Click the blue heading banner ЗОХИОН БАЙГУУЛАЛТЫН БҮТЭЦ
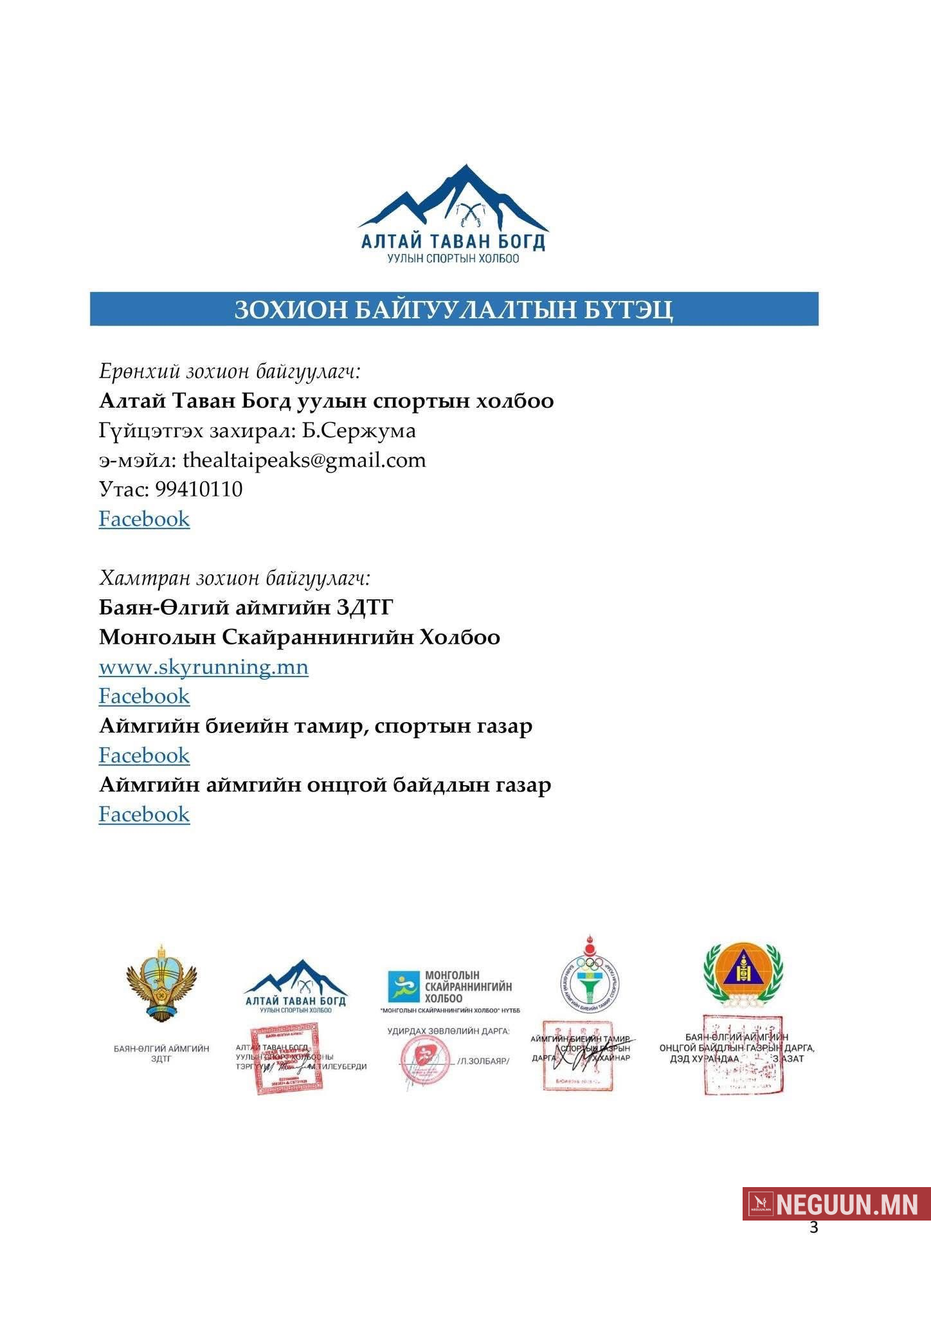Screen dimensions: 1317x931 (454, 309)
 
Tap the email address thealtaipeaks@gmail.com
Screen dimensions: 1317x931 (304, 460)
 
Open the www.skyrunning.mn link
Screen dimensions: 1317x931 (203, 667)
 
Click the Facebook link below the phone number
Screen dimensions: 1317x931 (144, 519)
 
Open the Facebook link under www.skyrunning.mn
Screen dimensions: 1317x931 (144, 696)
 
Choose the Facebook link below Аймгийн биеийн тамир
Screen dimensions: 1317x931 (144, 756)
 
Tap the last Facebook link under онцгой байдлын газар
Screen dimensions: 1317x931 (144, 815)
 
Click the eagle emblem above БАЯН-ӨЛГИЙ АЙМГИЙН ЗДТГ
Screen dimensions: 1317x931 (161, 982)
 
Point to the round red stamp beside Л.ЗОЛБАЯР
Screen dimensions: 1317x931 (424, 1059)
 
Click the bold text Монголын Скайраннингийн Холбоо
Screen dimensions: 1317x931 (300, 637)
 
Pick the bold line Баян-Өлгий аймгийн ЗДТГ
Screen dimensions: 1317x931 (246, 608)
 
